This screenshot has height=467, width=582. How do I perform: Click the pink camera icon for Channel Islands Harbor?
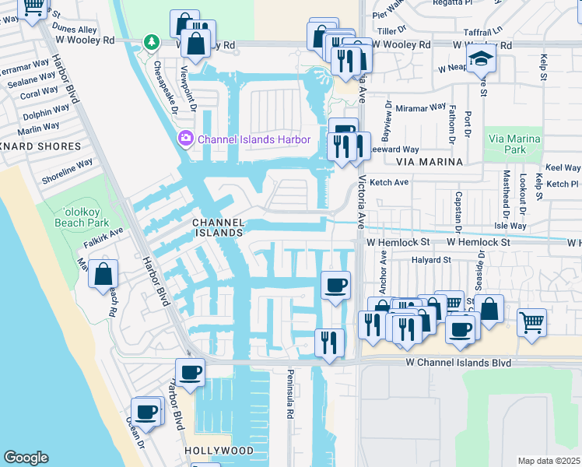click(186, 139)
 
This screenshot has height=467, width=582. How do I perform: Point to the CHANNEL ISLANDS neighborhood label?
click(219, 226)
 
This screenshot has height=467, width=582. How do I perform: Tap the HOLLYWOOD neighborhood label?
click(219, 451)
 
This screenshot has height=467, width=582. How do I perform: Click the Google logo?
click(26, 458)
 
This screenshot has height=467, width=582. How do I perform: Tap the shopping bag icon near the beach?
click(103, 275)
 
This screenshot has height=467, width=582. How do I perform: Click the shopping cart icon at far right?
click(531, 321)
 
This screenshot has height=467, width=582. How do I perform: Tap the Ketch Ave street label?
click(390, 182)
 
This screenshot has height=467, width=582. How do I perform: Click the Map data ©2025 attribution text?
click(549, 461)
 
